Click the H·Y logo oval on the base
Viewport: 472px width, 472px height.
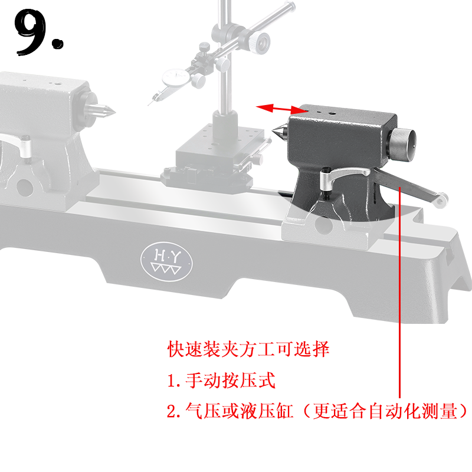click(166, 260)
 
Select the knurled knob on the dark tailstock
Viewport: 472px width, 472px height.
click(404, 144)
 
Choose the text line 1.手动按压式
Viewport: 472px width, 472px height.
click(222, 381)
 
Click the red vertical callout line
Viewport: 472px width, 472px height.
click(401, 295)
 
